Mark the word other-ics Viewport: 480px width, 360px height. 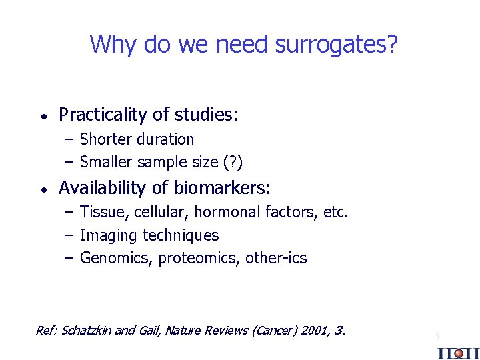point(276,258)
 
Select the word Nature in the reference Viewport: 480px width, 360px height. point(184,330)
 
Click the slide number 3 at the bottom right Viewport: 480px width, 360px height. point(437,337)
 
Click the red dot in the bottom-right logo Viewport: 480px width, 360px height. point(458,353)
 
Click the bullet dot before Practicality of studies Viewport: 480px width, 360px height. point(43,116)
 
